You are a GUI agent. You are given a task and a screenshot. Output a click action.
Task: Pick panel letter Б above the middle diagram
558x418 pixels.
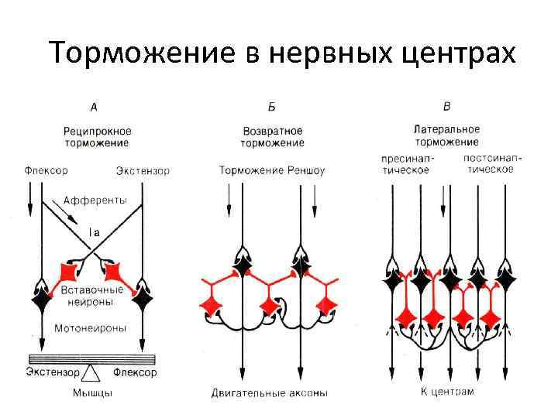[271, 107]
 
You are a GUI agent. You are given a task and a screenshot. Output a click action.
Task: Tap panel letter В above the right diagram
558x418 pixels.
[446, 106]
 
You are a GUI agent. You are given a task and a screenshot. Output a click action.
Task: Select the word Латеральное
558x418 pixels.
[446, 128]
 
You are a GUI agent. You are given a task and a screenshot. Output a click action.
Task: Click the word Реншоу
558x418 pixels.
[303, 170]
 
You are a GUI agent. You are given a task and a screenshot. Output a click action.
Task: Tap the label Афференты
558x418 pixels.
[95, 200]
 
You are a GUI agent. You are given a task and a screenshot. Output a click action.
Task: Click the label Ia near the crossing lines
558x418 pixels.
[92, 230]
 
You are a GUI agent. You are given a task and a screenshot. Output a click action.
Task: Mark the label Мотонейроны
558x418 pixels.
[91, 327]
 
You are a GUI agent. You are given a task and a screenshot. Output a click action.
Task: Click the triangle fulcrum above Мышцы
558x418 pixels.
[92, 374]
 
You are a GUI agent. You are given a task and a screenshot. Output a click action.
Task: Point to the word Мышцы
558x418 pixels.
[92, 392]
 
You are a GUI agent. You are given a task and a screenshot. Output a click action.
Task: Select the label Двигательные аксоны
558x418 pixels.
[269, 393]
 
